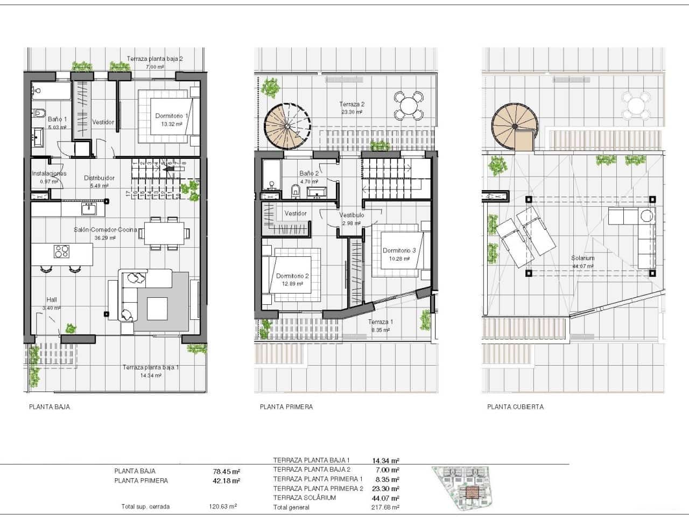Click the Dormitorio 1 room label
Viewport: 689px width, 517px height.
(x=172, y=116)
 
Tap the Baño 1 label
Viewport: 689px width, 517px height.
(x=57, y=119)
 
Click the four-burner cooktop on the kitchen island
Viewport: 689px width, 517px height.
(x=61, y=251)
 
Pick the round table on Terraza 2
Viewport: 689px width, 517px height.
(x=409, y=106)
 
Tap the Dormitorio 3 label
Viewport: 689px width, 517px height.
(x=399, y=250)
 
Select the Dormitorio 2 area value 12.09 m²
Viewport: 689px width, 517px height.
(x=292, y=284)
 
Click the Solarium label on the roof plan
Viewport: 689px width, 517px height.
(x=582, y=258)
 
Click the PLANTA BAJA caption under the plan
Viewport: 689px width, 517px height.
(x=50, y=407)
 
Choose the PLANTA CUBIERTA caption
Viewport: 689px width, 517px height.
(x=515, y=407)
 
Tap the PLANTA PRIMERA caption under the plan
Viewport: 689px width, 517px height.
(x=286, y=407)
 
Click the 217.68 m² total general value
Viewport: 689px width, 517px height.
(x=385, y=507)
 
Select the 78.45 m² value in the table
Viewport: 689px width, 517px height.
(x=226, y=471)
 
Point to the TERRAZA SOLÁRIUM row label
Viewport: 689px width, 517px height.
(x=304, y=498)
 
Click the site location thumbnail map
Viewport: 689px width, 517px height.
(x=466, y=487)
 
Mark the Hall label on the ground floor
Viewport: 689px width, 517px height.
(x=52, y=300)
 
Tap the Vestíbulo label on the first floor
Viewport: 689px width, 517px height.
(x=351, y=215)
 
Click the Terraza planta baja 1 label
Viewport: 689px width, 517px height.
(x=151, y=367)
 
